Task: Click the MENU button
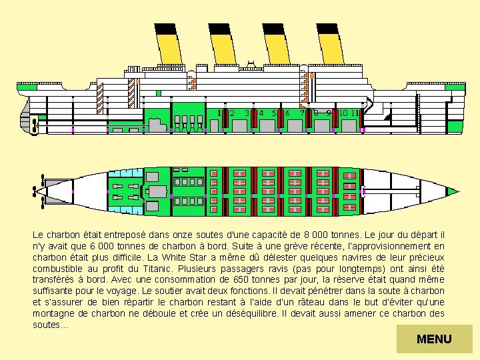(x=434, y=339)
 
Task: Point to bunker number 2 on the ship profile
(x=231, y=113)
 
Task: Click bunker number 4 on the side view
(x=261, y=113)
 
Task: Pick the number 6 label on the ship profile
(x=287, y=113)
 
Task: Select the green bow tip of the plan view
(x=453, y=191)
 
